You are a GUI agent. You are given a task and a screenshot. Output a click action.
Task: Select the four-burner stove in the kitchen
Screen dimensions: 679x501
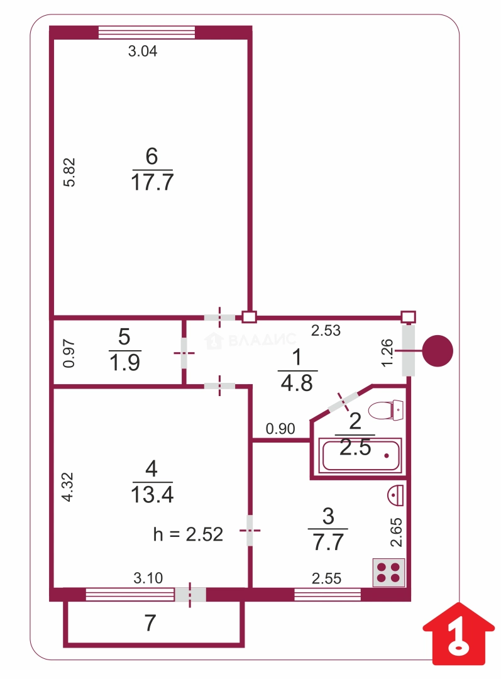click(388, 572)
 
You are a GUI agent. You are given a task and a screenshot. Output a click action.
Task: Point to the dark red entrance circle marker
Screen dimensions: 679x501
click(437, 351)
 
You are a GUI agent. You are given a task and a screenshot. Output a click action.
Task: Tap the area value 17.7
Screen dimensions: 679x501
click(152, 183)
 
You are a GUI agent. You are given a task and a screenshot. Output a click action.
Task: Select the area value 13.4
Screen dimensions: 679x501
click(151, 494)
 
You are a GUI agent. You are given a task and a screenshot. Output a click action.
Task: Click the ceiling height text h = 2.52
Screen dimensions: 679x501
click(188, 534)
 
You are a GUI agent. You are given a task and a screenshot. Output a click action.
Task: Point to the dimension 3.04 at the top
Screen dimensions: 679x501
click(143, 52)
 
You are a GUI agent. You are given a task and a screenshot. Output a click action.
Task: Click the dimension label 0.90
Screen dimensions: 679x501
click(280, 429)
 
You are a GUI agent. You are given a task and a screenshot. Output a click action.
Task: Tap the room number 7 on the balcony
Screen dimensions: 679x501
click(150, 623)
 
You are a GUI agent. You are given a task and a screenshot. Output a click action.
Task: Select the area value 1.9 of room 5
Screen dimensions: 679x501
click(124, 363)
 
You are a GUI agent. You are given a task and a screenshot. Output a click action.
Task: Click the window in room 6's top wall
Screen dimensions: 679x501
click(146, 32)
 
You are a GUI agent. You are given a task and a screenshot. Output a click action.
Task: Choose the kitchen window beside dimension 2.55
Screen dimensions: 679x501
click(328, 594)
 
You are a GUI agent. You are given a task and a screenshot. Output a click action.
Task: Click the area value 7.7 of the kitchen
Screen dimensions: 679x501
click(328, 541)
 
